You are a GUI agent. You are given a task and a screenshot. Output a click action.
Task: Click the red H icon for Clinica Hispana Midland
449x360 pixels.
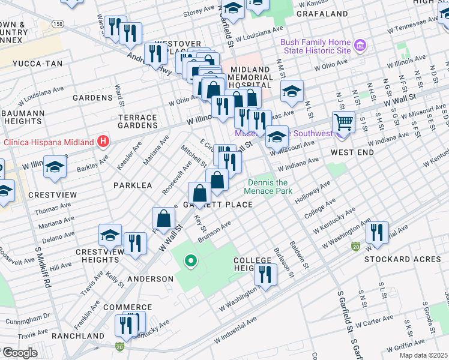click(104, 142)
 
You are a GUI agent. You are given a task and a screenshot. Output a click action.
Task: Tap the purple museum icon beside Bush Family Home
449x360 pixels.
click(360, 46)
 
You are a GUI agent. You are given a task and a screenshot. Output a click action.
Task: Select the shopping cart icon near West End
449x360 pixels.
click(343, 122)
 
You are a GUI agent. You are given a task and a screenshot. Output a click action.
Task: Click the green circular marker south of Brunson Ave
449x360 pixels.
click(191, 260)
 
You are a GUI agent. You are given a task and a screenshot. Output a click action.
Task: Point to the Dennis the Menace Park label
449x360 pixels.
click(268, 187)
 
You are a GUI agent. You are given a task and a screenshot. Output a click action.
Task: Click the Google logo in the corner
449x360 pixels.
click(20, 353)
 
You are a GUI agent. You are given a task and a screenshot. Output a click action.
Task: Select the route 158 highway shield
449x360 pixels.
click(58, 24)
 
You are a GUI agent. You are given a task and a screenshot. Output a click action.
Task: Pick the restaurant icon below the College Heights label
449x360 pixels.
click(265, 275)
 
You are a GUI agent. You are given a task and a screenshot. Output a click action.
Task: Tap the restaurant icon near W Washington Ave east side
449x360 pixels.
click(377, 232)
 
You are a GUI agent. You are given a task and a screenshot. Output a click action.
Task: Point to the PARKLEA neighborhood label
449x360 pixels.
click(133, 185)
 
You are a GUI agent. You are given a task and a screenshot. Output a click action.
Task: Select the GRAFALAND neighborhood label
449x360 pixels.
click(322, 13)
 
